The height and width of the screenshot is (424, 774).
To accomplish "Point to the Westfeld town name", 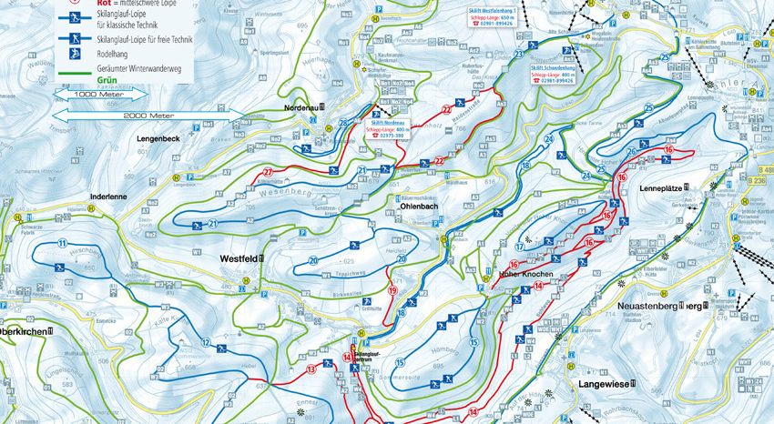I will pos(239,258).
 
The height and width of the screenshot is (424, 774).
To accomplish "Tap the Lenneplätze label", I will pos(660,188).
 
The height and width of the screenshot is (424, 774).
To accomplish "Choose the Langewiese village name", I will pos(604,385).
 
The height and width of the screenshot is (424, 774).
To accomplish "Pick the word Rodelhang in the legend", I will pos(117,53).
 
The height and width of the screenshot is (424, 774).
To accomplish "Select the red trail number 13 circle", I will pos(311,368).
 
